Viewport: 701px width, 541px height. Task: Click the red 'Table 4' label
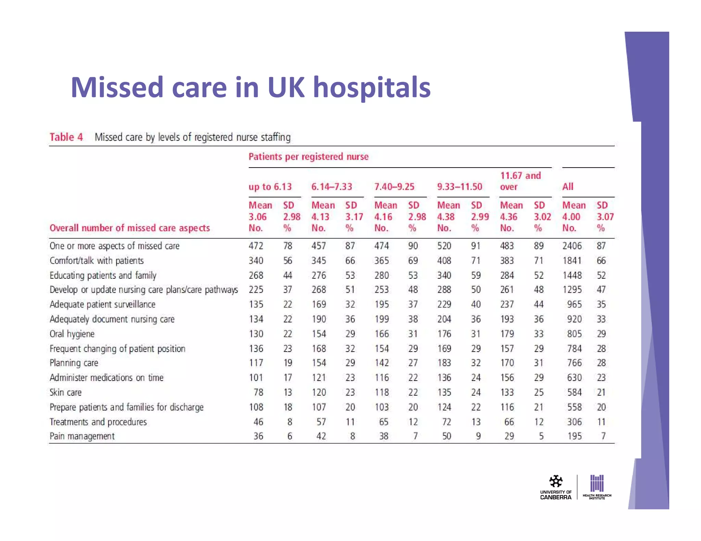tap(66, 137)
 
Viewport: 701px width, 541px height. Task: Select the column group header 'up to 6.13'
tap(270, 187)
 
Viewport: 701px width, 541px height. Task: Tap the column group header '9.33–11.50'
tap(459, 187)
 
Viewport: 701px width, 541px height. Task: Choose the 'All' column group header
tap(568, 187)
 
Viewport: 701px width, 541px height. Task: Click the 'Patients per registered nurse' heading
tap(308, 157)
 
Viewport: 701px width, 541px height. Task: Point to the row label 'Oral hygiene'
tap(72, 334)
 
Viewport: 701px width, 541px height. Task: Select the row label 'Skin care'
tap(65, 392)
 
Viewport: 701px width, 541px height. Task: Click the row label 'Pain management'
tap(82, 436)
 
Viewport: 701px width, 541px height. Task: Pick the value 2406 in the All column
tap(572, 246)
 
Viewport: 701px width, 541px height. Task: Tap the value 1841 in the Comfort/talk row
tap(572, 261)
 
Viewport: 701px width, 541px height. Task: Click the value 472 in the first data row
tap(256, 246)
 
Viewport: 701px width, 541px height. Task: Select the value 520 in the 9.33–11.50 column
tap(444, 246)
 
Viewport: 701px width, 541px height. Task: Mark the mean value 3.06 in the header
tap(257, 217)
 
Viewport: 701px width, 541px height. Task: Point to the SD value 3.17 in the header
tap(354, 217)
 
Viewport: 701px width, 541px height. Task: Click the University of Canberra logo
tap(556, 487)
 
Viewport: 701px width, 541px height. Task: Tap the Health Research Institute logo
tap(597, 487)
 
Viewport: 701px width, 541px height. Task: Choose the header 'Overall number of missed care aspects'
tap(129, 228)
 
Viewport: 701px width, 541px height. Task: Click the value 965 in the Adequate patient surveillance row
tap(574, 304)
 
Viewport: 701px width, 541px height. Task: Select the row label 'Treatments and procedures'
tap(98, 422)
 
